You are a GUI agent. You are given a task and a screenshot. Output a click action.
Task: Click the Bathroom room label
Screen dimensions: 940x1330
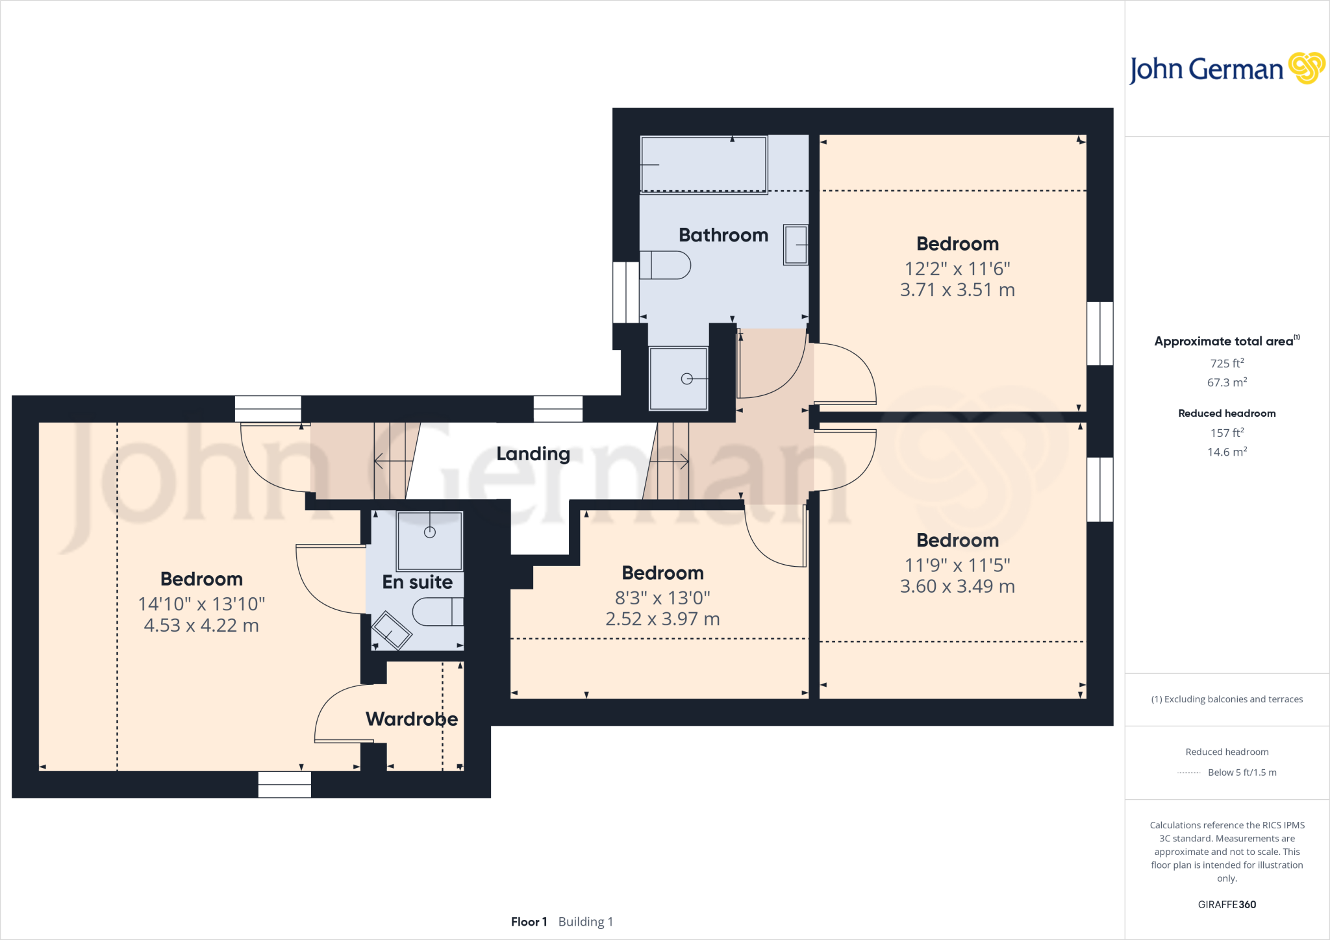pyautogui.click(x=723, y=235)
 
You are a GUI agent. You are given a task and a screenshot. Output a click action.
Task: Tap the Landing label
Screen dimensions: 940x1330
pyautogui.click(x=533, y=454)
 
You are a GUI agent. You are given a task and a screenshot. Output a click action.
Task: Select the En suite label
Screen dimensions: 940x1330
pyautogui.click(x=417, y=582)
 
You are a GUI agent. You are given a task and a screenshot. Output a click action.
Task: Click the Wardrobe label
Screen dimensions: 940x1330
pyautogui.click(x=411, y=719)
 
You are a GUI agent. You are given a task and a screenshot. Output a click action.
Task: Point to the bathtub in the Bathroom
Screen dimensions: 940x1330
pyautogui.click(x=703, y=164)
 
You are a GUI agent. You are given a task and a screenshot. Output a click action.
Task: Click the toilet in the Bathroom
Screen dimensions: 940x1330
pyautogui.click(x=665, y=265)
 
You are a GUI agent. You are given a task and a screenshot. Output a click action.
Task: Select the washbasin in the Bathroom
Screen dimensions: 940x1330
pyautogui.click(x=796, y=245)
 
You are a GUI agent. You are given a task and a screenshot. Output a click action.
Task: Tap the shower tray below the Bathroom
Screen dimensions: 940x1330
pyautogui.click(x=679, y=379)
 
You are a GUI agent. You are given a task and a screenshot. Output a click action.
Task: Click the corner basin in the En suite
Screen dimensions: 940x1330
pyautogui.click(x=390, y=630)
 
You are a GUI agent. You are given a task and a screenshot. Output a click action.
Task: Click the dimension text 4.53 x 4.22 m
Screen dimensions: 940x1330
pyautogui.click(x=201, y=626)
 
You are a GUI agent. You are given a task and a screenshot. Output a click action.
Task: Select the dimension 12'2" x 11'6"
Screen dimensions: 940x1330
pyautogui.click(x=957, y=269)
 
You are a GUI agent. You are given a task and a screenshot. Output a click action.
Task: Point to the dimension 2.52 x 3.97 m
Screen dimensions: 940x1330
pyautogui.click(x=662, y=619)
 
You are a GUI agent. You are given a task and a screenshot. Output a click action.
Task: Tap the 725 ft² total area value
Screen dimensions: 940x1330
pyautogui.click(x=1226, y=364)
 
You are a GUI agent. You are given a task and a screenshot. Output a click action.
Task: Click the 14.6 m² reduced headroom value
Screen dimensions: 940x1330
pyautogui.click(x=1226, y=452)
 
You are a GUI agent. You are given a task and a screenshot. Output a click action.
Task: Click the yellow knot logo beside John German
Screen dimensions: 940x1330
pyautogui.click(x=1306, y=68)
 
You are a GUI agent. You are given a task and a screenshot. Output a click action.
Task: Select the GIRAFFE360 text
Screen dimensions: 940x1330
pyautogui.click(x=1226, y=904)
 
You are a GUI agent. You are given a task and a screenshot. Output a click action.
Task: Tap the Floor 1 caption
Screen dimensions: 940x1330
pyautogui.click(x=529, y=922)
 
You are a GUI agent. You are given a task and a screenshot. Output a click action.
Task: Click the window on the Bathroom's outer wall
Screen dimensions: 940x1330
pyautogui.click(x=626, y=292)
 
